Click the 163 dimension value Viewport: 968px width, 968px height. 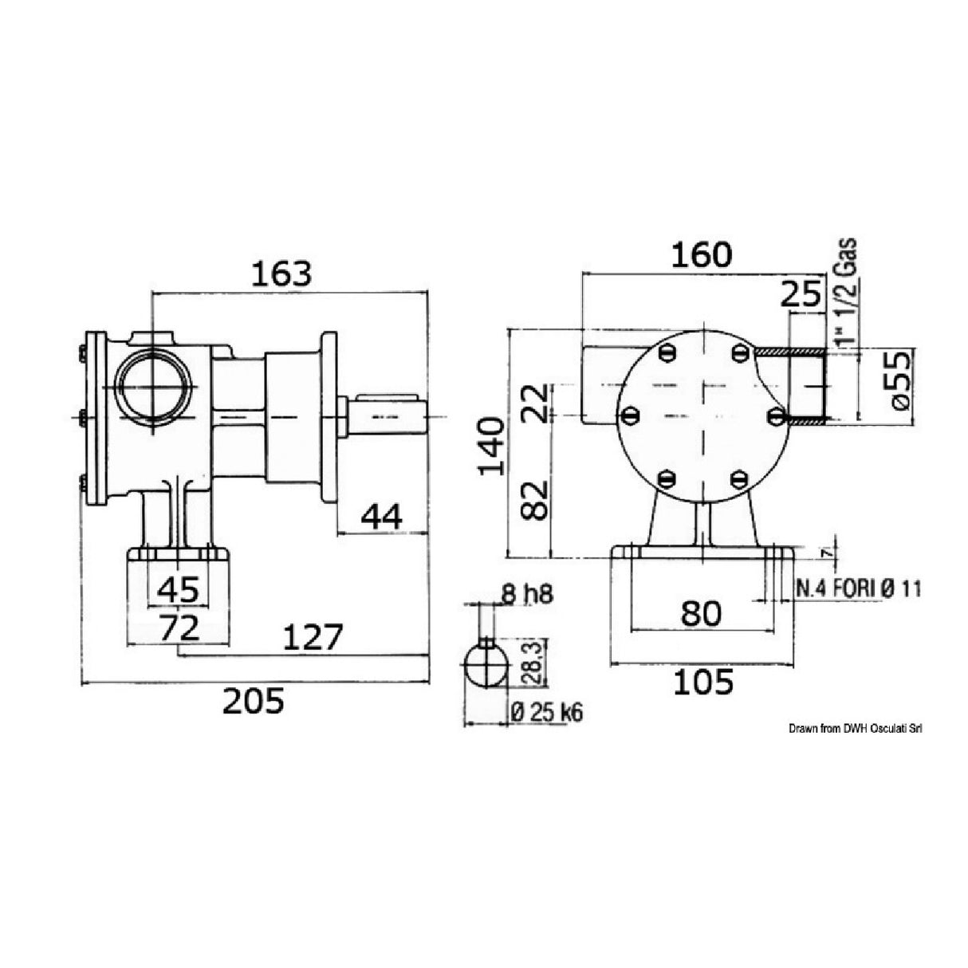pos(280,273)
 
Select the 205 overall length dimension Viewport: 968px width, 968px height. pos(252,701)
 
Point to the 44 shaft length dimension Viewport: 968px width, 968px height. pos(381,517)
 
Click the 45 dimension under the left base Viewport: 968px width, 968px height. pos(178,590)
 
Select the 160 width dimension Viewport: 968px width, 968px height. pos(700,255)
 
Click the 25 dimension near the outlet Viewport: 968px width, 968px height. pos(801,295)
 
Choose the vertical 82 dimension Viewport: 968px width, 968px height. pos(539,500)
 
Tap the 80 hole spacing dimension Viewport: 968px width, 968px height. pos(701,613)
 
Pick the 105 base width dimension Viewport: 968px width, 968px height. pos(702,682)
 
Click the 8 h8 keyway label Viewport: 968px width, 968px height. pos(525,594)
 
